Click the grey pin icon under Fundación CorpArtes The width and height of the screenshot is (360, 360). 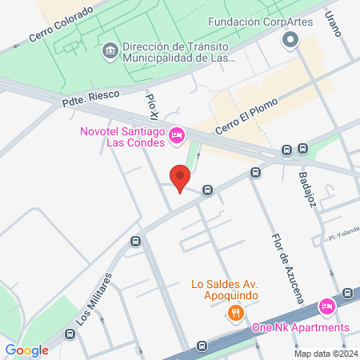(290, 42)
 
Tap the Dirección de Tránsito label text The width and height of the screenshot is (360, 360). (178, 53)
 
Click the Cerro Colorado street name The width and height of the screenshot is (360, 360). (61, 26)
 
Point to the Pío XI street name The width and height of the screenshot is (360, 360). (152, 105)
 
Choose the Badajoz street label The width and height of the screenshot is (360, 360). (309, 190)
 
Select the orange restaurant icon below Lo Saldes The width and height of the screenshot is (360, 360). (234, 311)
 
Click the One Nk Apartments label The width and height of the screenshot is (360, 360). (301, 327)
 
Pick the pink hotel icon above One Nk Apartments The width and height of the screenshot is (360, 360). (326, 307)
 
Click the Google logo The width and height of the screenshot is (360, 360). (27, 350)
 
